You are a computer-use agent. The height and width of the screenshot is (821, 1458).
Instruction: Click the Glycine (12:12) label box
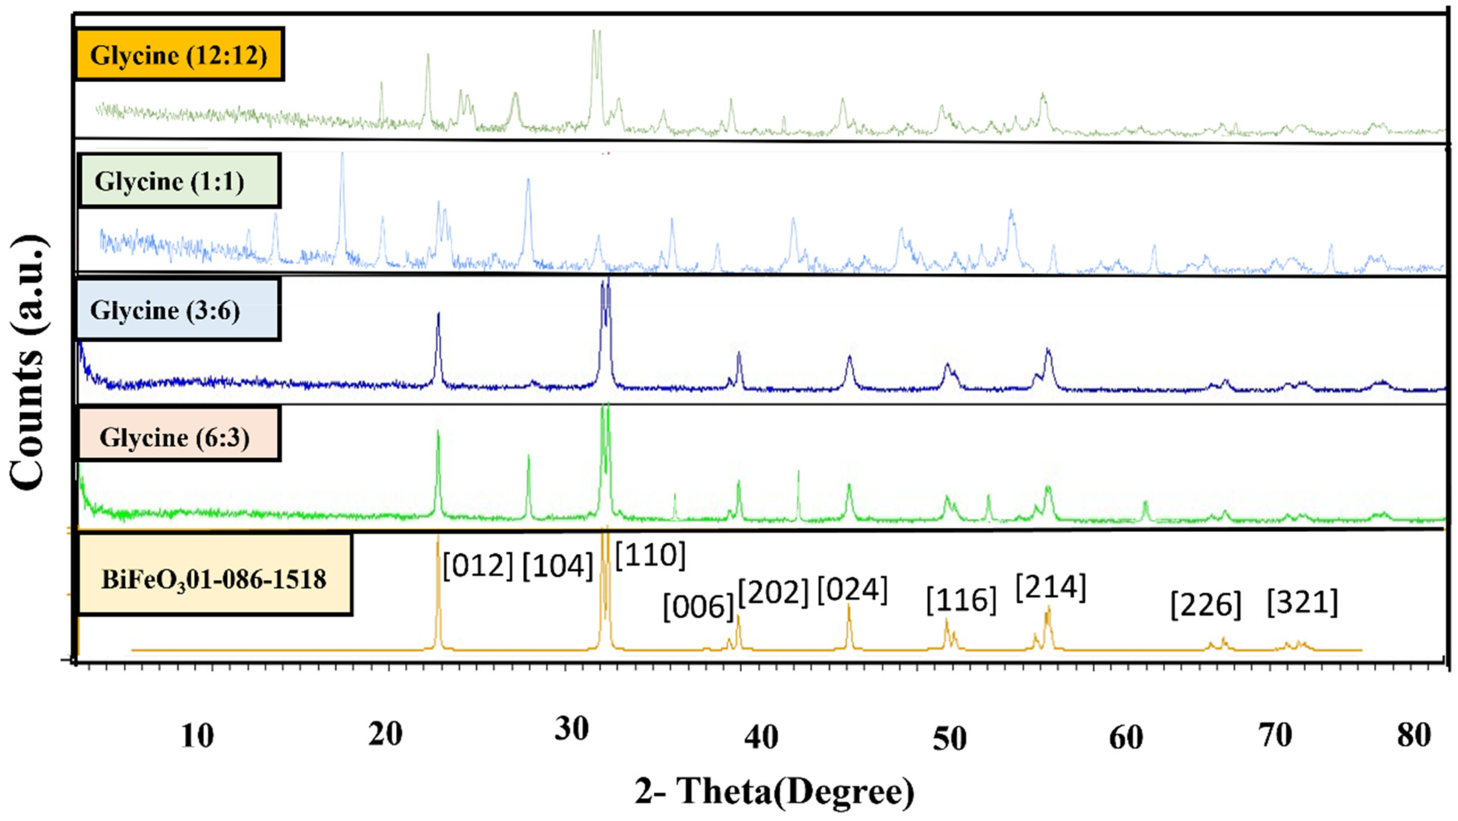coord(179,54)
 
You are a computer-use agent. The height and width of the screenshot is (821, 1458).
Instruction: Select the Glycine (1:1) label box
coord(179,181)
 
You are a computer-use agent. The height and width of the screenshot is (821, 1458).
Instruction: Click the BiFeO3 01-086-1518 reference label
coord(214,579)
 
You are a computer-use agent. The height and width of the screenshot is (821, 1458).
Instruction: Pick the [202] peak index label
coord(774,592)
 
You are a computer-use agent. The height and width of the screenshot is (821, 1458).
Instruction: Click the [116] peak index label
coord(961,600)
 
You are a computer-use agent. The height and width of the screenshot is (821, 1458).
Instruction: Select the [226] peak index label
coord(1206,605)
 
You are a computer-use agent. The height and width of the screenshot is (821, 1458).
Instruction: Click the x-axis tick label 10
coord(197,736)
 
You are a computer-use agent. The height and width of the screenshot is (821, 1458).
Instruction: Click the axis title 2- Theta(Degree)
coord(774,792)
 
